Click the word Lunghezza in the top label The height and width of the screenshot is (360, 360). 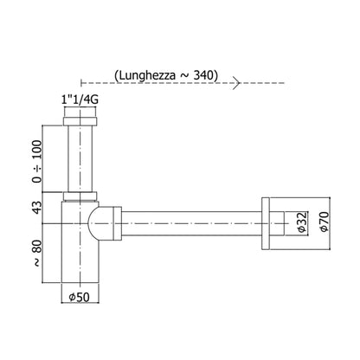point(147,75)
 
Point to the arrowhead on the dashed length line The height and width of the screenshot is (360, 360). point(237,83)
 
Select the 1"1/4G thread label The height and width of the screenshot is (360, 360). point(80,100)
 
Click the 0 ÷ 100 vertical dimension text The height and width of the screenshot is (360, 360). point(37,162)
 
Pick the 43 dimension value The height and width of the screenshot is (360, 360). point(37,208)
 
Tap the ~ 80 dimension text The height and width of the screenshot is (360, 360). point(37,254)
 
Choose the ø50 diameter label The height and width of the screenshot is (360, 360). point(80,297)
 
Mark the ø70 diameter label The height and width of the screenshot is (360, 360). point(324,222)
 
